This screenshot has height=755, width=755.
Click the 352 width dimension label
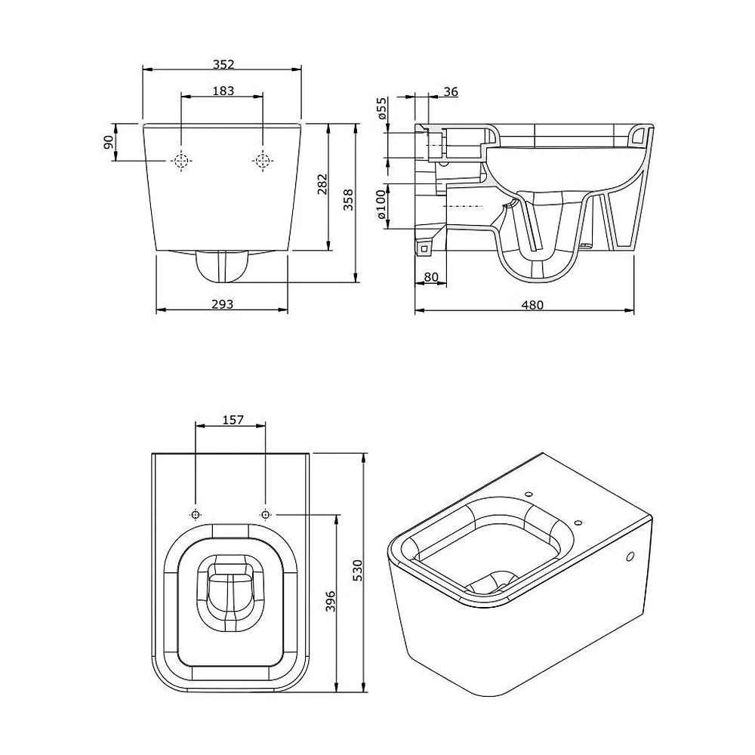pyautogui.click(x=223, y=64)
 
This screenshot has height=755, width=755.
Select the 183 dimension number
pyautogui.click(x=223, y=91)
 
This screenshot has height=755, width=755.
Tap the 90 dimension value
pyautogui.click(x=108, y=142)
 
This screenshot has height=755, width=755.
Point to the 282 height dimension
pyautogui.click(x=322, y=184)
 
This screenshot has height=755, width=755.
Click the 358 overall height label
pyautogui.click(x=348, y=200)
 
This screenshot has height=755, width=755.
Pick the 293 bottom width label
pyautogui.click(x=223, y=304)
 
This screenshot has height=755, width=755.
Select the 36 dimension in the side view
pyautogui.click(x=450, y=91)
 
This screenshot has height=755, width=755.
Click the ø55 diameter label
pyautogui.click(x=381, y=108)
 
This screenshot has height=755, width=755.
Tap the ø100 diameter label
pyautogui.click(x=381, y=204)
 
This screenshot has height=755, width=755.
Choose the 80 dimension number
pyautogui.click(x=431, y=277)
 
